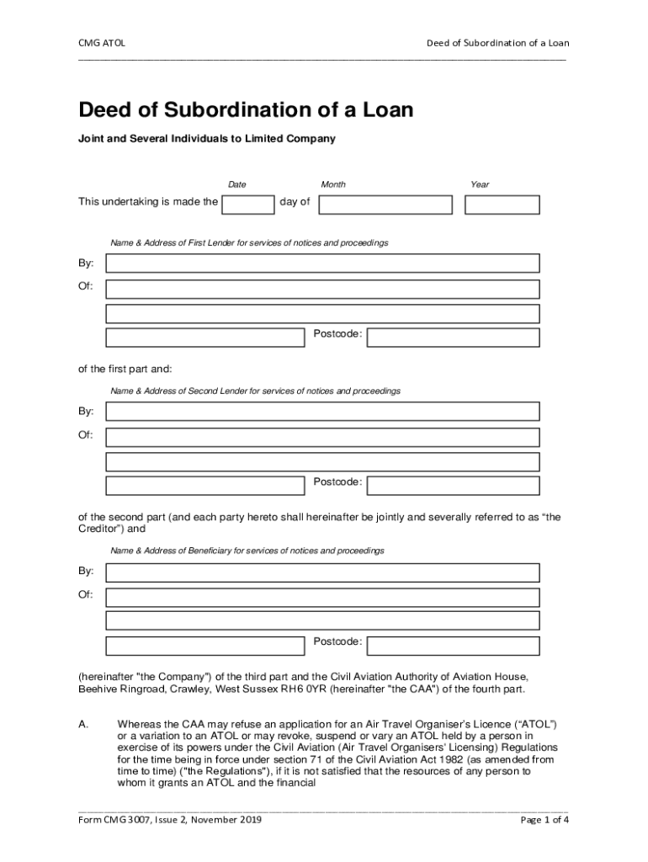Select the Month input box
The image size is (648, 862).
tap(385, 205)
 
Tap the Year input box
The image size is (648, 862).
tap(502, 205)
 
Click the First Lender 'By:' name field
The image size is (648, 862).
tap(322, 263)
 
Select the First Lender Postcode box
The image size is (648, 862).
tap(454, 338)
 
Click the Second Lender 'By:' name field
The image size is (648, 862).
tap(322, 412)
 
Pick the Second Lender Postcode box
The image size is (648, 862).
tap(454, 486)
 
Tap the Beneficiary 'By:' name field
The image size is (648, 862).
tap(322, 572)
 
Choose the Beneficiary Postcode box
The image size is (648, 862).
tap(454, 646)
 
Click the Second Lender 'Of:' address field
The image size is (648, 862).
tap(322, 437)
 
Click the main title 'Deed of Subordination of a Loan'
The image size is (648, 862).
tap(246, 110)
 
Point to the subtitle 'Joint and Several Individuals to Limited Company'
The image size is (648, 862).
tap(207, 139)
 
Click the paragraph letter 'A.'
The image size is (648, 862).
tap(85, 724)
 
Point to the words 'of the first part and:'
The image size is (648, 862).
tap(125, 369)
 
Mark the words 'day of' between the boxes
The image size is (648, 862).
tap(295, 202)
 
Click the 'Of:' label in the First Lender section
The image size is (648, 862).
tap(86, 287)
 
